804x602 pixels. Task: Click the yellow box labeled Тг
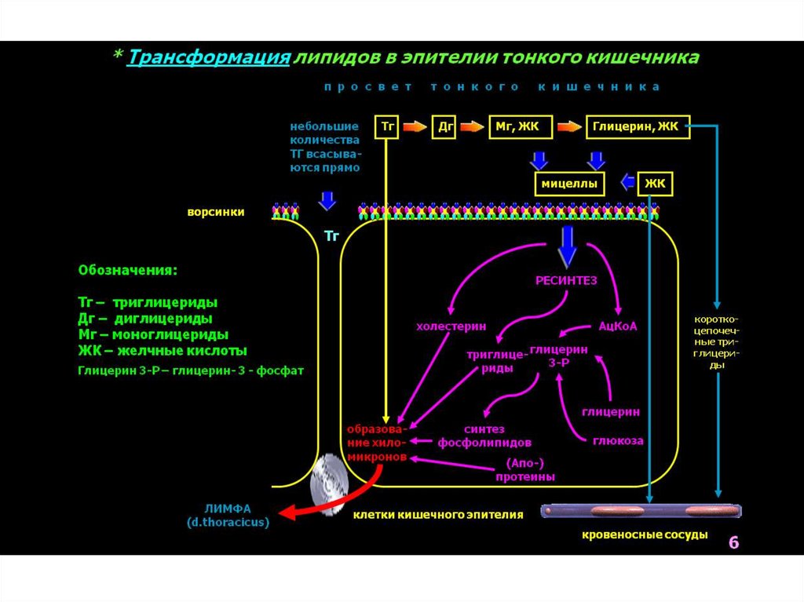[x=387, y=126]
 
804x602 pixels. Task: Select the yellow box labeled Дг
[x=444, y=126]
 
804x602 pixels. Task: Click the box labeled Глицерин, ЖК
[x=637, y=126]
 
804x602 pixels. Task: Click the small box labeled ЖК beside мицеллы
[x=656, y=184]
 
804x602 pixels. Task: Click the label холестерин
[x=451, y=326]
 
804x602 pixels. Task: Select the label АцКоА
[x=618, y=326]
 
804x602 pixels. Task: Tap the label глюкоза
[x=618, y=440]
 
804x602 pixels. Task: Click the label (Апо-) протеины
[x=525, y=469]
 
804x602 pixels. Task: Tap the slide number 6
[x=733, y=542]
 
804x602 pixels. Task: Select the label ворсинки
[x=215, y=212]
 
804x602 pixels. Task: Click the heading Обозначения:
[x=127, y=270]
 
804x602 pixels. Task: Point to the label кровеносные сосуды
[x=644, y=535]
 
